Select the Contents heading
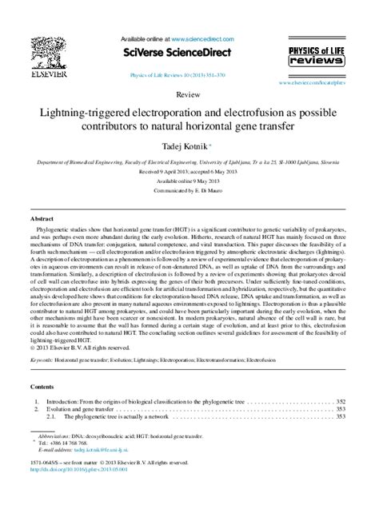pyautogui.click(x=44, y=384)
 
